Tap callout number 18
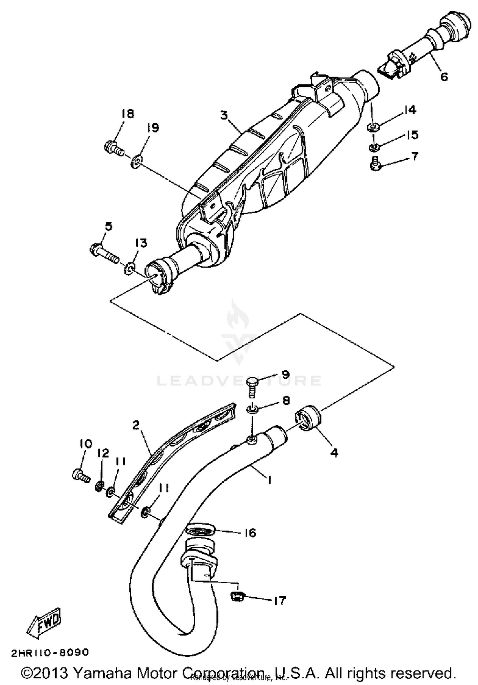click(x=127, y=114)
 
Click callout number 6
click(x=444, y=77)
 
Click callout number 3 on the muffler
click(x=225, y=115)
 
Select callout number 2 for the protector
click(x=136, y=425)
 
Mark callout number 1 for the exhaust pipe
click(x=270, y=480)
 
